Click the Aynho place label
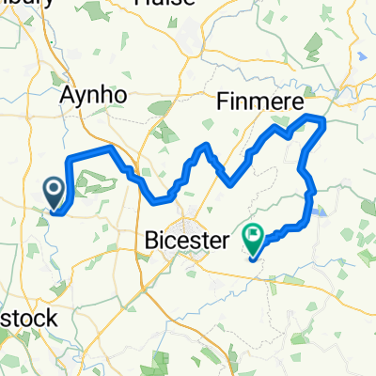pyautogui.click(x=92, y=96)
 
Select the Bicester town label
pyautogui.click(x=188, y=242)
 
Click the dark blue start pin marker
pyautogui.click(x=53, y=194)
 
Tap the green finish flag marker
pyautogui.click(x=255, y=240)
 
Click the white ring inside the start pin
pyautogui.click(x=53, y=190)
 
